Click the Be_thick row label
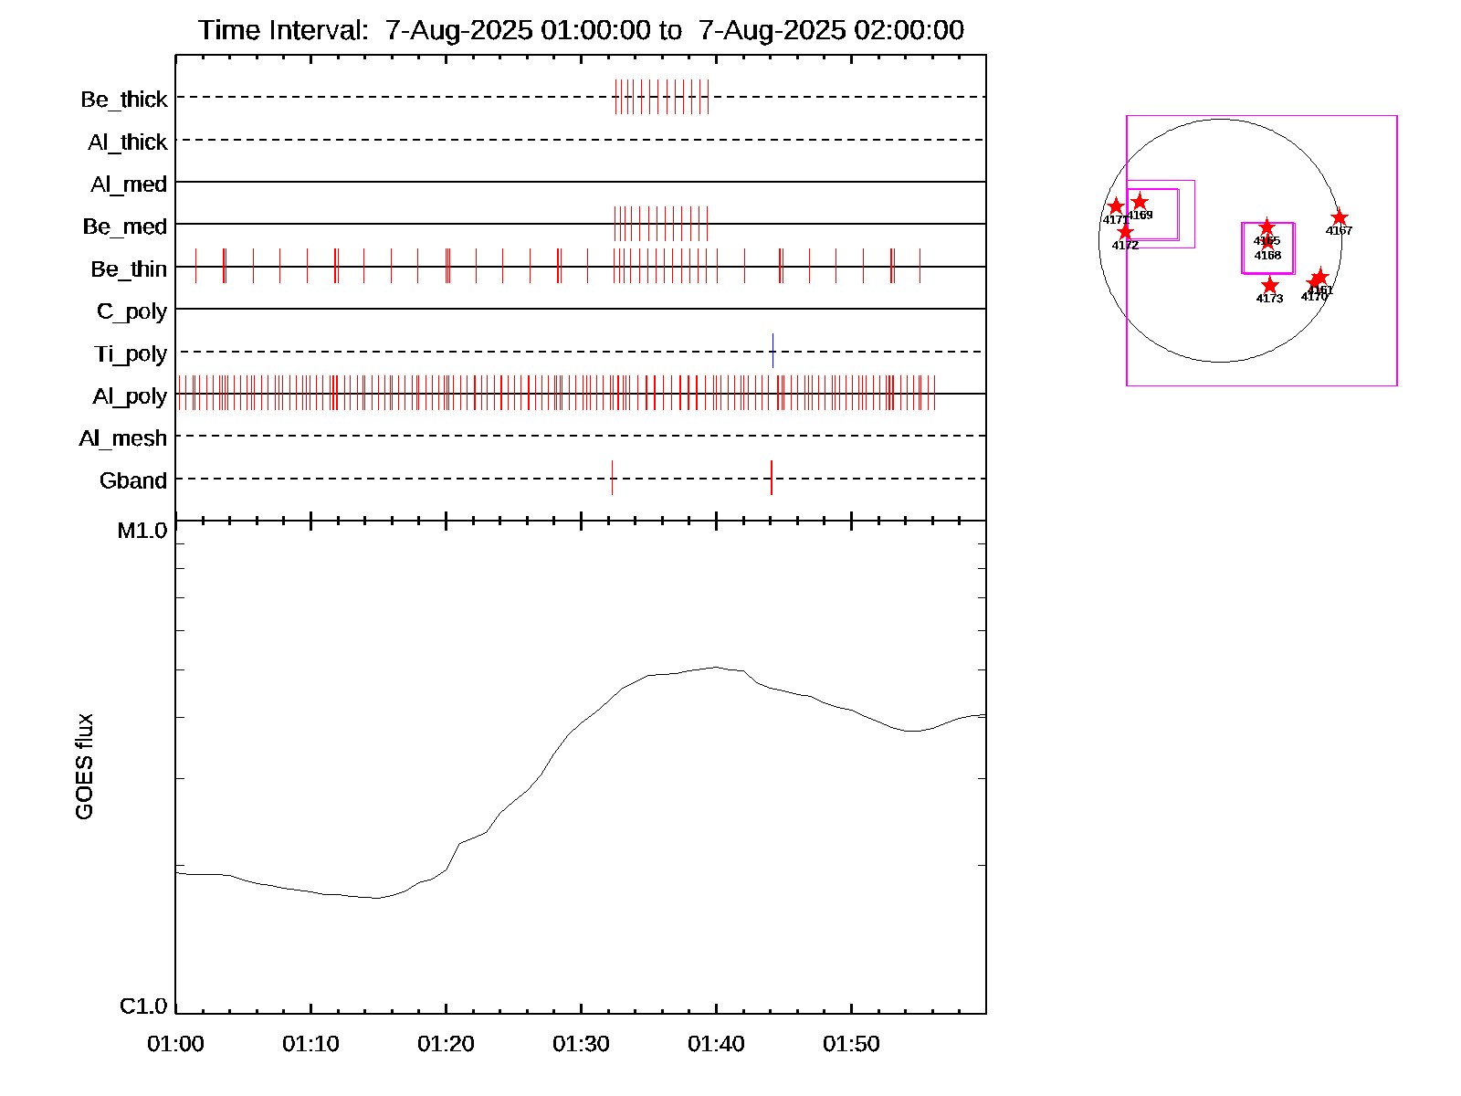pos(124,100)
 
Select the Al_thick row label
pos(128,142)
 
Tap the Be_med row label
pos(125,227)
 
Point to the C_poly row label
pos(131,311)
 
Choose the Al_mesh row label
pos(123,438)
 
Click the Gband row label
pos(133,480)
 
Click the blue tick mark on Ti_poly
pos(773,351)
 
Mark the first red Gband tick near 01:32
pos(612,478)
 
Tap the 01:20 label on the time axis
pos(446,1044)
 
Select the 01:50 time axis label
pos(851,1044)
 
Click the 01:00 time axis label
pos(175,1044)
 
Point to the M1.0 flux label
pos(142,531)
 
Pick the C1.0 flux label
pos(143,1006)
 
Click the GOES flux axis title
pos(84,767)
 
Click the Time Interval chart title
pos(581,30)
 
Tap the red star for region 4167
pos(1339,217)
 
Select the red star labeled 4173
pos(1269,286)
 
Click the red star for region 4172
pos(1125,232)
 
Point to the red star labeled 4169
pos(1140,202)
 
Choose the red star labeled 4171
pos(1115,206)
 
